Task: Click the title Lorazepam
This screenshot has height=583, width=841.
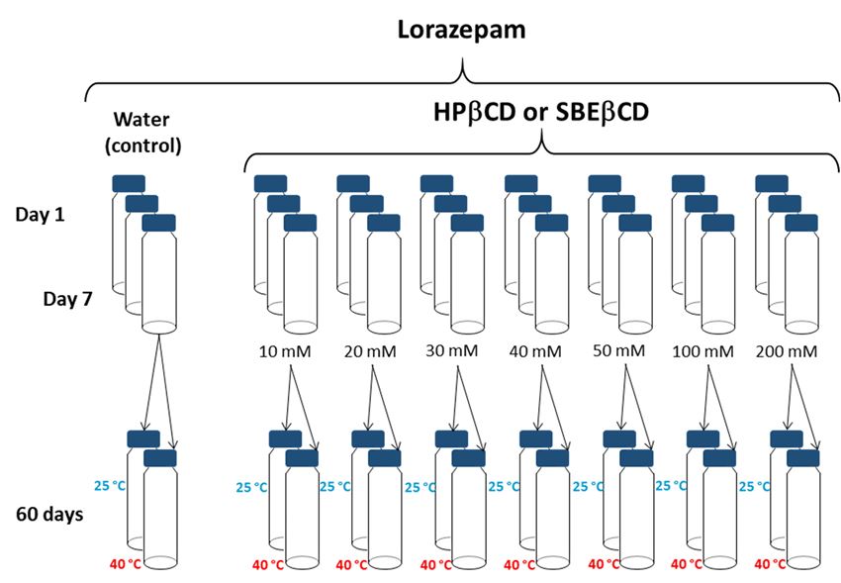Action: point(460,32)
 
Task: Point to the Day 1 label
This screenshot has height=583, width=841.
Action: point(42,213)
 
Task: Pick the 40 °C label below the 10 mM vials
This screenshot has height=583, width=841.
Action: point(269,564)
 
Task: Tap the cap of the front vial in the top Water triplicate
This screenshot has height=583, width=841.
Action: point(159,223)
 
